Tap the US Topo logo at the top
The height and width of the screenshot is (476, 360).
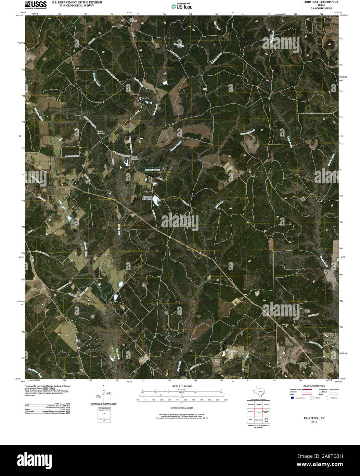(182, 6)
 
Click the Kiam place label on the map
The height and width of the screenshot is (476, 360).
(216, 361)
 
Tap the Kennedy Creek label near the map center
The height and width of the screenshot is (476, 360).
(152, 170)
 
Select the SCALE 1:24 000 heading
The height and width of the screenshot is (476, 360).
(182, 386)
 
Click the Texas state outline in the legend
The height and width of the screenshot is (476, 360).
(258, 391)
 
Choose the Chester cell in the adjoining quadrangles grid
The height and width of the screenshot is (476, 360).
(266, 404)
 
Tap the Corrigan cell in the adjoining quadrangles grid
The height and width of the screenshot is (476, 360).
(250, 404)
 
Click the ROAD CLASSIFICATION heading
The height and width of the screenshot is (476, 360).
(312, 386)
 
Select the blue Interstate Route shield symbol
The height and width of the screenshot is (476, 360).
(292, 398)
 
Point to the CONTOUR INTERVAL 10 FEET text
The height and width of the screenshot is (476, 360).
(182, 408)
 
